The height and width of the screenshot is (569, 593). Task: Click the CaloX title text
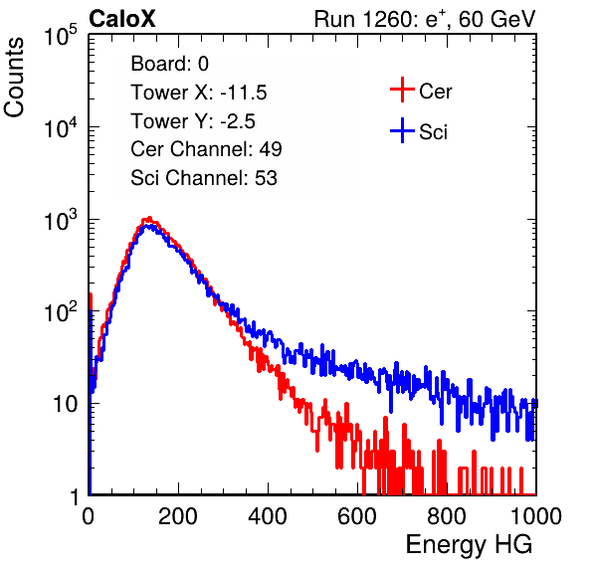[x=122, y=19]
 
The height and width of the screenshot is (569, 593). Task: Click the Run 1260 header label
[x=425, y=19]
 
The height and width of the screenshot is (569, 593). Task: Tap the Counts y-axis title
[x=14, y=78]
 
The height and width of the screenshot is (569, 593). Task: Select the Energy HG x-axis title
[x=469, y=545]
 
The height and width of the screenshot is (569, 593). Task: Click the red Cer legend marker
[x=402, y=90]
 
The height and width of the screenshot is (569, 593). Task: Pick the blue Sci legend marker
[x=402, y=130]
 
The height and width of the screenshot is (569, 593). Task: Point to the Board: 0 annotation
[x=169, y=64]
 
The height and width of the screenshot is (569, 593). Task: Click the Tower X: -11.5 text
[x=199, y=93]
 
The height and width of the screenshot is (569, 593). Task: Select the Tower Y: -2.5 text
[x=193, y=121]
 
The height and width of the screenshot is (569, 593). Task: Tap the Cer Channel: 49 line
[x=206, y=149]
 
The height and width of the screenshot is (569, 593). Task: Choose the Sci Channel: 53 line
[x=204, y=178]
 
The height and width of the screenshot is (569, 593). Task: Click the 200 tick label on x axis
[x=178, y=516]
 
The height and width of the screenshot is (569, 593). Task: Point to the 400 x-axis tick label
[x=268, y=516]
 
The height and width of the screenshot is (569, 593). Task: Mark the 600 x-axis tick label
[x=357, y=516]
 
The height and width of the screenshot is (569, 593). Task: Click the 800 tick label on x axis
[x=447, y=516]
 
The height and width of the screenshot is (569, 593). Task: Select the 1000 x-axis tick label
[x=536, y=516]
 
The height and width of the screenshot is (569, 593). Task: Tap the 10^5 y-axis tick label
[x=62, y=35]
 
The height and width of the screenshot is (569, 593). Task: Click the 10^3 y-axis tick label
[x=62, y=220]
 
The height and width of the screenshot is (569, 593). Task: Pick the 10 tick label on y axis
[x=66, y=404]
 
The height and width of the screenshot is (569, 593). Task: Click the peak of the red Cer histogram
[x=149, y=218]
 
